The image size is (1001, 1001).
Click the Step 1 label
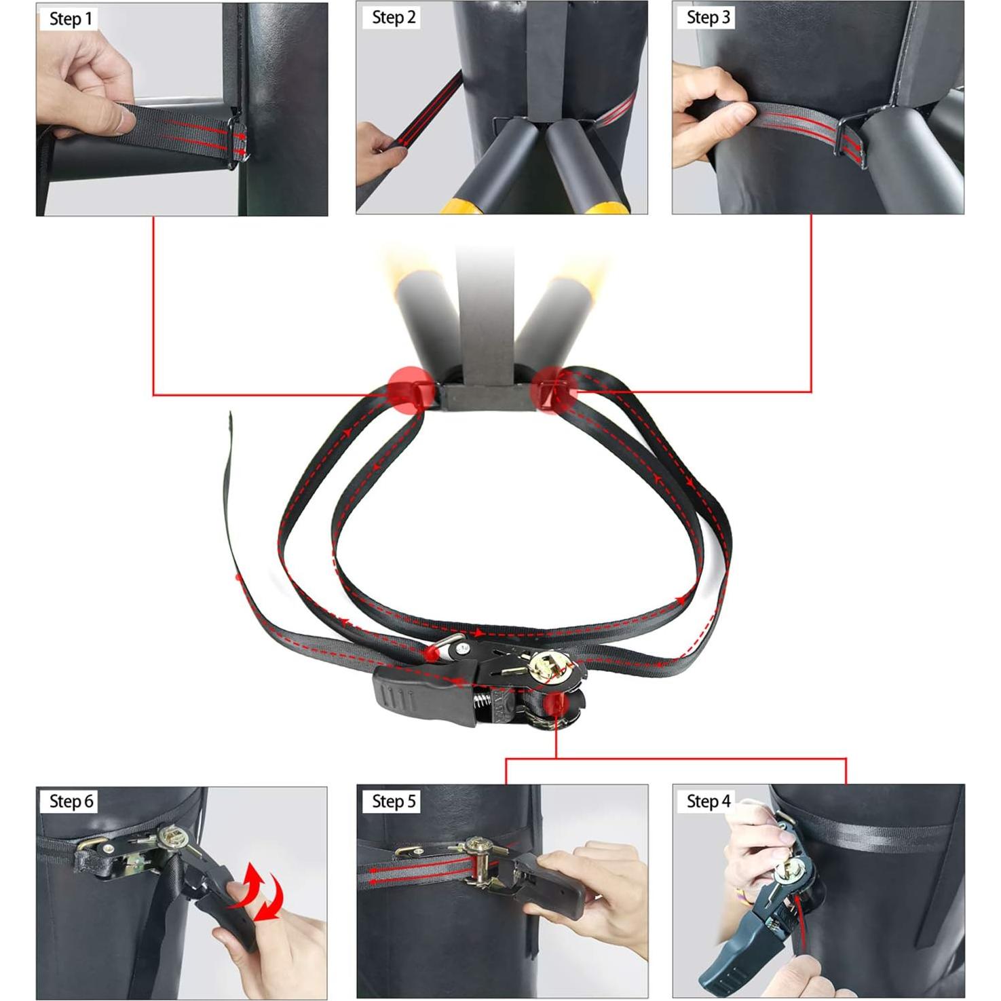pos(70,19)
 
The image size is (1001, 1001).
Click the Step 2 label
pos(394,18)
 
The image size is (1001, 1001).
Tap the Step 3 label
pos(708,18)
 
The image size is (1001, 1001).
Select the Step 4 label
pos(708,801)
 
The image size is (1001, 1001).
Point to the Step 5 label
pos(394,801)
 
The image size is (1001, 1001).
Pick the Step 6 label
pos(71,801)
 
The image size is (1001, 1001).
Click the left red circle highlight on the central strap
pos(410,390)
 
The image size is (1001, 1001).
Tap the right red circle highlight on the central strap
pos(554,390)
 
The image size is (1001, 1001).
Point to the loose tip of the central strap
pos(231,417)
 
